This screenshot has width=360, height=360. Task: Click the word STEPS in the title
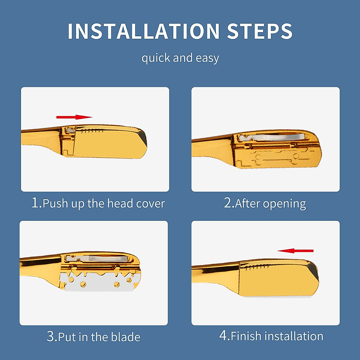[259, 31]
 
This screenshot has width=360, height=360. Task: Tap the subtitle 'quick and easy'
[180, 58]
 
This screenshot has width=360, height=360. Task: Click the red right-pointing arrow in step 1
[74, 117]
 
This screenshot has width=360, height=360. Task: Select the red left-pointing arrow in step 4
[295, 251]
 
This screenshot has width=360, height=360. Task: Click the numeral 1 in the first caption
[35, 203]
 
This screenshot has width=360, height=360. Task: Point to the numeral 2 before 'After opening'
[228, 203]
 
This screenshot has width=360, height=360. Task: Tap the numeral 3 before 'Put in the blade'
[50, 336]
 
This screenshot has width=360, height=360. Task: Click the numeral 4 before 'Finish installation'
[223, 335]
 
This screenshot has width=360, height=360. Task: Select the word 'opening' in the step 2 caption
[284, 204]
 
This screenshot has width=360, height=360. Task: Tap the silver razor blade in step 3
[99, 283]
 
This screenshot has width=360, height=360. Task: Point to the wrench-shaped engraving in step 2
[276, 158]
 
